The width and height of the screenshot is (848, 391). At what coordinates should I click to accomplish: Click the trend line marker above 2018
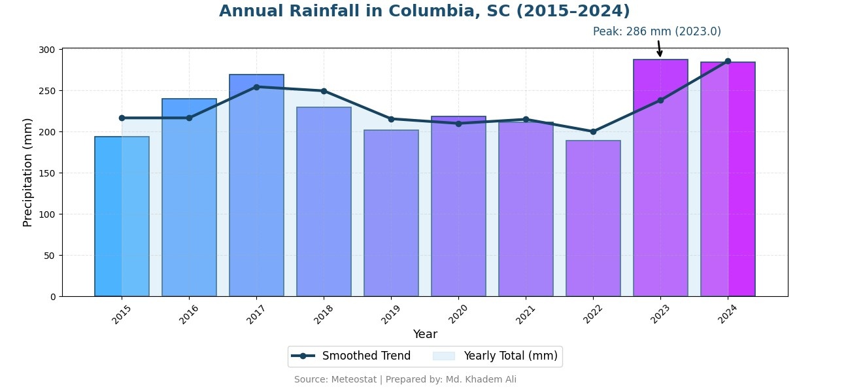tap(324, 91)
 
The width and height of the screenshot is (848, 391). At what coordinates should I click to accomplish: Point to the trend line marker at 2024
tap(728, 61)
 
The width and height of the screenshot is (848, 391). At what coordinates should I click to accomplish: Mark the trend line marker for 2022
tap(593, 131)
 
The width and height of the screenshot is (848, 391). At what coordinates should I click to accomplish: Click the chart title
tap(424, 12)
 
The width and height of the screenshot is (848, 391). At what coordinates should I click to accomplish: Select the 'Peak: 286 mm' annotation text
tap(656, 31)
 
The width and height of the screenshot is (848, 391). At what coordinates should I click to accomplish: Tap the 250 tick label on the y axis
tap(48, 91)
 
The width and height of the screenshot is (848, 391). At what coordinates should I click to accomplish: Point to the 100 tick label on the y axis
tap(48, 214)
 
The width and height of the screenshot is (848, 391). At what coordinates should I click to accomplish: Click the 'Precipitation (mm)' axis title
tap(27, 172)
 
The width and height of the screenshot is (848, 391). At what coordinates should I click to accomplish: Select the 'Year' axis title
tap(425, 334)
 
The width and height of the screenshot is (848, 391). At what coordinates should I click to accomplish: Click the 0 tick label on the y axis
tap(54, 297)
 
